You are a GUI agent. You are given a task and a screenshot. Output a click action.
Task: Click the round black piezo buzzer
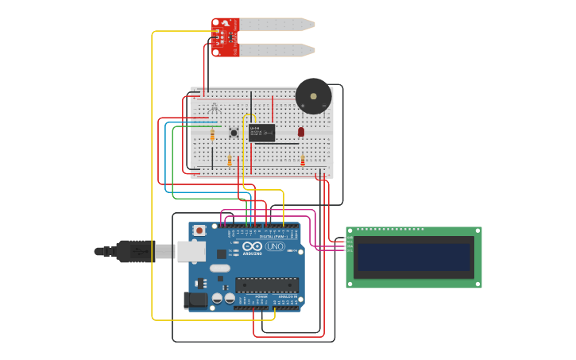click(x=313, y=96)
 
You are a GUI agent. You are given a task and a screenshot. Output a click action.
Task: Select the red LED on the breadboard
click(x=301, y=131)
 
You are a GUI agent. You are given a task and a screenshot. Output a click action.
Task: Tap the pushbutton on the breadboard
click(x=234, y=133)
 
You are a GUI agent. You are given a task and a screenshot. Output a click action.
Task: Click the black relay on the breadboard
click(x=261, y=133)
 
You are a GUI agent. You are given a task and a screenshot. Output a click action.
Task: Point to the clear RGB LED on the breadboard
click(x=213, y=108)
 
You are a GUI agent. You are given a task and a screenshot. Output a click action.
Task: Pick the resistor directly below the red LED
click(x=302, y=161)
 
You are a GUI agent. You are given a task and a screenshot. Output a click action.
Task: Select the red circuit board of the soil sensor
click(x=225, y=37)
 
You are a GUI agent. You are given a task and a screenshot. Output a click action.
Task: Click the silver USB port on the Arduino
click(x=191, y=251)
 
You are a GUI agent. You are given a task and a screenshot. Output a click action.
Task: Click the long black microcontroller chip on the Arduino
click(x=266, y=285)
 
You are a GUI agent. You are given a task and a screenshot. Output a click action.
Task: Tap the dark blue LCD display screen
click(x=413, y=257)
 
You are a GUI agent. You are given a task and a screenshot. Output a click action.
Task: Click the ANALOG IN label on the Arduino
click(x=287, y=296)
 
